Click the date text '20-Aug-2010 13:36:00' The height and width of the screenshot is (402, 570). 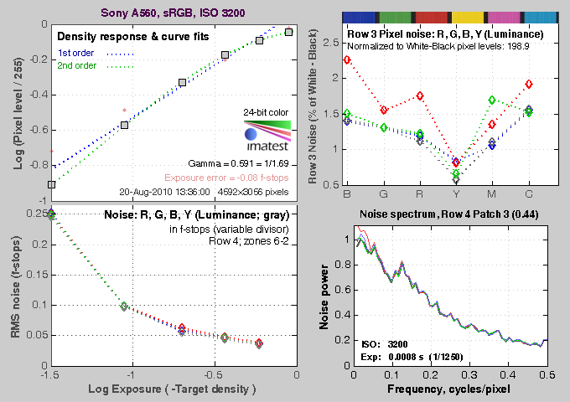(165, 191)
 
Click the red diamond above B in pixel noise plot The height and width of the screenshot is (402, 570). (347, 60)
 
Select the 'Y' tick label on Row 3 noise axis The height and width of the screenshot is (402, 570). (456, 193)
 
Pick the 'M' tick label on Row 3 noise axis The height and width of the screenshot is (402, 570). (492, 193)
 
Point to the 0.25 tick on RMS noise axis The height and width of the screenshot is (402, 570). (35, 214)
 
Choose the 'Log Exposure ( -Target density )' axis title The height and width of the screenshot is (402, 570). (174, 390)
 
